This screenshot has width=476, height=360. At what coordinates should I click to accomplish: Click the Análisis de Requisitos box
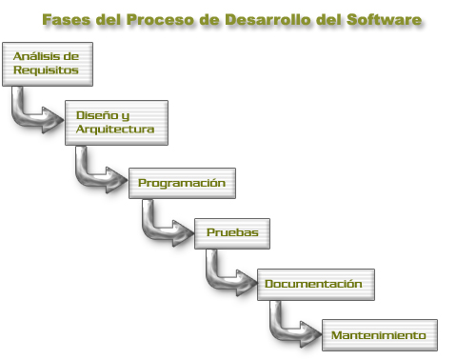coord(40,64)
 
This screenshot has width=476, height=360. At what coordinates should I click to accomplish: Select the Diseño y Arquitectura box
coord(116,122)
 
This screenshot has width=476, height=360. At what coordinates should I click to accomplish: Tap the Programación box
coord(181,181)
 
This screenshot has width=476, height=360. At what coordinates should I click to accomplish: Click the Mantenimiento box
coord(379,334)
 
